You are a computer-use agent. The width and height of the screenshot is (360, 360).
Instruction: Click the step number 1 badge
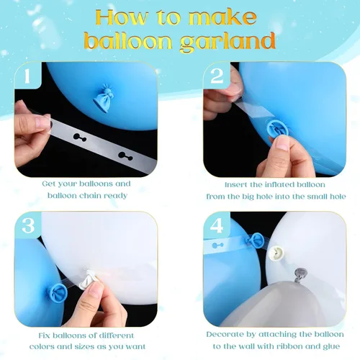pos(27,76)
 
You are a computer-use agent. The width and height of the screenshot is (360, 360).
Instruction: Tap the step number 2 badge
pos(217,76)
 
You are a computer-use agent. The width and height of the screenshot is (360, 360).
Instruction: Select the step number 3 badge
pos(28,225)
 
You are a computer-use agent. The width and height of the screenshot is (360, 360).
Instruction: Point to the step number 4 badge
pos(217,225)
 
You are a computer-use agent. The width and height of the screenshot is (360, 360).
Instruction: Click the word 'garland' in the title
pos(228,41)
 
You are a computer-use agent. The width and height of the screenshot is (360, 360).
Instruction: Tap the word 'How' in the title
pos(122,17)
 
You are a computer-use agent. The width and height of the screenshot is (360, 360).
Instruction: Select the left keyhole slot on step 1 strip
pos(80,138)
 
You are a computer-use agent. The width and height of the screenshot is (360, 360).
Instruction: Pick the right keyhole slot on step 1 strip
pos(125,156)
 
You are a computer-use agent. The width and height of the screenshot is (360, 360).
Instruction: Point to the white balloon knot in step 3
pos(89,279)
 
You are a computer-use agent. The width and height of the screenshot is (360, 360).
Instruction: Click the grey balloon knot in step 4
pos(300,275)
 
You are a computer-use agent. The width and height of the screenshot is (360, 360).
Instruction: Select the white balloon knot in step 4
pos(276,253)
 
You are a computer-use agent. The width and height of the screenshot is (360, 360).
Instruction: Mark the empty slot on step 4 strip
pos(218,246)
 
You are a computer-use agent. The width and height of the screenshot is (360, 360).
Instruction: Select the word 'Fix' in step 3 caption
pos(45,336)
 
